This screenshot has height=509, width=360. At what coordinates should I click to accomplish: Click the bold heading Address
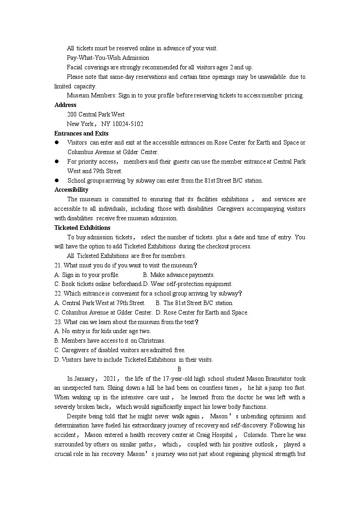65,105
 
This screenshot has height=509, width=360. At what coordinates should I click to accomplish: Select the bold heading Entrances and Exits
81,133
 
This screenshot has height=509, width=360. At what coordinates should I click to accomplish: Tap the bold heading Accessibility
71,190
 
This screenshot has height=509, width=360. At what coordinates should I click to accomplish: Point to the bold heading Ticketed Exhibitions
82,228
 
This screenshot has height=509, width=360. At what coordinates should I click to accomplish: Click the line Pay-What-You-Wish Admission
108,58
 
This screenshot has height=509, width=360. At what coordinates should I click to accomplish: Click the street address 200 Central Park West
96,114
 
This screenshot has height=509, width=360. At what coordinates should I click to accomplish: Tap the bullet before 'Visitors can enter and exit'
57,143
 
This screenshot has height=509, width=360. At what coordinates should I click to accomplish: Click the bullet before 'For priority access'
57,161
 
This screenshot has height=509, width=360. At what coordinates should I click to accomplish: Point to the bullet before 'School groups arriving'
57,180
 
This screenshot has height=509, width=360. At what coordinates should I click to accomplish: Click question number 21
58,265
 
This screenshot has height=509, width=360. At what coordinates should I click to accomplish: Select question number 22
58,293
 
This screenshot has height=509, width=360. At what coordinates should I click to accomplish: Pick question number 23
58,322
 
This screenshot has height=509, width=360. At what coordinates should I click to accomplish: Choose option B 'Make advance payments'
179,275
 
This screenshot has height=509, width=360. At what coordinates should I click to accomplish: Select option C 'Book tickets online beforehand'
98,284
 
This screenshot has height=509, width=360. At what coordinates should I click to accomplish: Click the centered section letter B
180,369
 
